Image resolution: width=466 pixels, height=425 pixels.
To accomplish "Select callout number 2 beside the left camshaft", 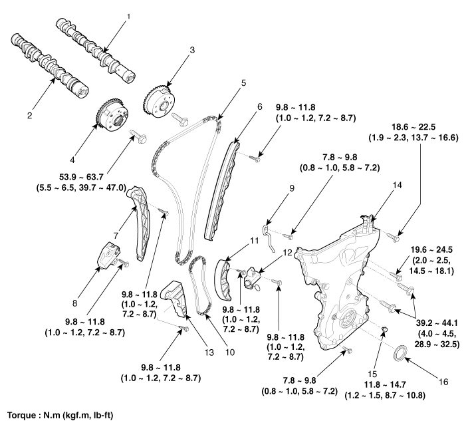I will pyautogui.click(x=29, y=115).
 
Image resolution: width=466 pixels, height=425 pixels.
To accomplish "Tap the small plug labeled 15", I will pyautogui.click(x=384, y=331).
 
